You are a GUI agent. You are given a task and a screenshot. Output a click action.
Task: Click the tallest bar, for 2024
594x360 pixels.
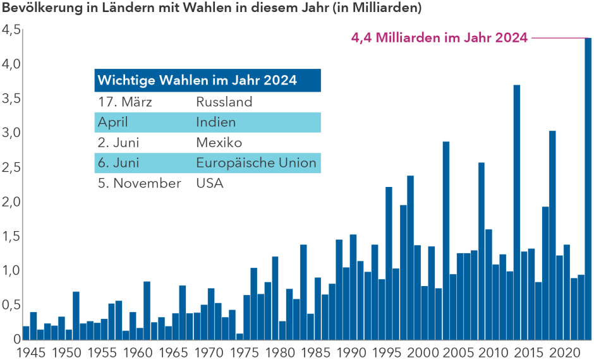tap(588, 189)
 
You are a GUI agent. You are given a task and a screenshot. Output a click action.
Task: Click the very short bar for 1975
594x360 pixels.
tap(239, 336)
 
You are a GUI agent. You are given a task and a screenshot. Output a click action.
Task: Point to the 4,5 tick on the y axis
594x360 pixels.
tap(11, 30)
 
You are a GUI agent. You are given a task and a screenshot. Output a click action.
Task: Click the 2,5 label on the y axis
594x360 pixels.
tap(11, 167)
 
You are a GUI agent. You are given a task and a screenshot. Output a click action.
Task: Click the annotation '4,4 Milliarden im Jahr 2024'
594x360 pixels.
tap(439, 38)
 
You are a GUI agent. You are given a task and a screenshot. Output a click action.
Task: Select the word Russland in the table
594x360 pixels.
tap(224, 102)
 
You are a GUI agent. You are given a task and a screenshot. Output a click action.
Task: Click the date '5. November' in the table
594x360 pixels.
tap(139, 183)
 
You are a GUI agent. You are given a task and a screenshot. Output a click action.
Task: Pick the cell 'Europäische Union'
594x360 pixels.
tap(256, 163)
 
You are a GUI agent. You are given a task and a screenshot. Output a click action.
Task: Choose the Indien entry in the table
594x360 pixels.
tap(215, 122)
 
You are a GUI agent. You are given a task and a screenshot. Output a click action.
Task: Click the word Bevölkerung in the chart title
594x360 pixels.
tap(37, 9)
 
